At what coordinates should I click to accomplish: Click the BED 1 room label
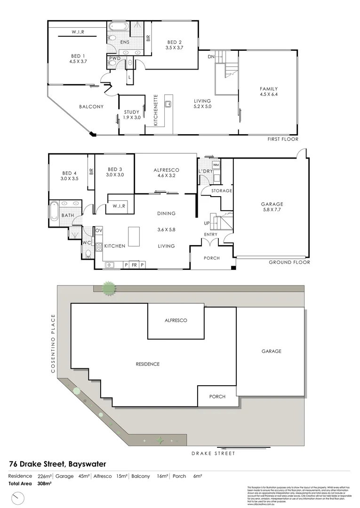(78, 58)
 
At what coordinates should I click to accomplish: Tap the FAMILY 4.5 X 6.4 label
(269, 92)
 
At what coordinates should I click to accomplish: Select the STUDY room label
(132, 114)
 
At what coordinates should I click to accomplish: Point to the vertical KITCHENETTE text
(156, 111)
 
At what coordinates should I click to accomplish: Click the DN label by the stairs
(211, 56)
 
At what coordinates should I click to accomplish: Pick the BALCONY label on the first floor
(91, 107)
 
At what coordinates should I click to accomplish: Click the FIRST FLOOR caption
(282, 139)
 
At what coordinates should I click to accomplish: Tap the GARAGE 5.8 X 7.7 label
(272, 207)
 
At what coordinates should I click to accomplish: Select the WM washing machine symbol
(216, 165)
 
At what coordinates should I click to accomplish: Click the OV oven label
(99, 230)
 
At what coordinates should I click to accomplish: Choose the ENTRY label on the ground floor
(210, 234)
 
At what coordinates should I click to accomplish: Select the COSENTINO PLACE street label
(53, 344)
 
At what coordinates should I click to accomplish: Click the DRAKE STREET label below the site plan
(213, 453)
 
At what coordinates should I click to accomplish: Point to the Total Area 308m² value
(44, 483)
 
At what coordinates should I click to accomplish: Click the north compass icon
(18, 497)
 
